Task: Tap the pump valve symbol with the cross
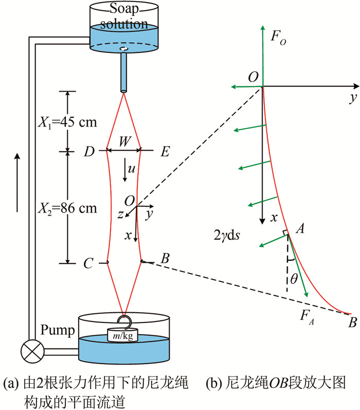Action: pyautogui.click(x=29, y=353)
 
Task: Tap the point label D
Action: pyautogui.click(x=90, y=152)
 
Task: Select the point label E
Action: pyautogui.click(x=165, y=152)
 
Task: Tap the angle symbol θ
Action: pyautogui.click(x=294, y=278)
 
